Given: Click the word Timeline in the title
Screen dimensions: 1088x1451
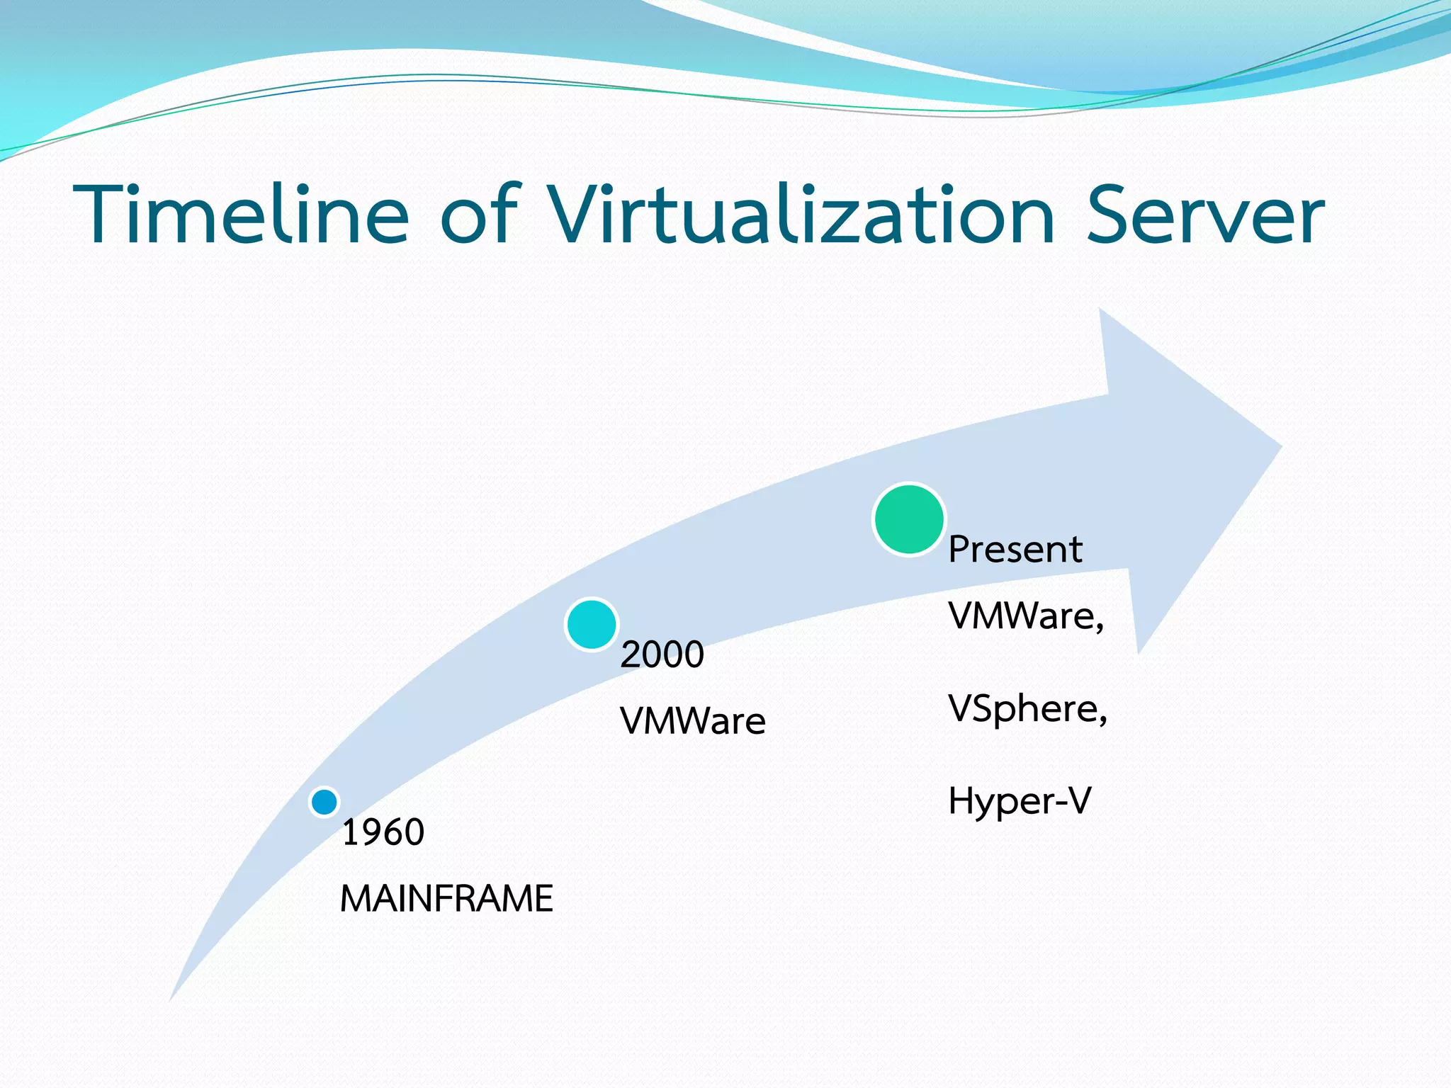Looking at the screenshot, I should (241, 215).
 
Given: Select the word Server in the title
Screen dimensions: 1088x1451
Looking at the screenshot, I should (1204, 215).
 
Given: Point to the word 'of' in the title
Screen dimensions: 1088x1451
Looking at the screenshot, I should (480, 215).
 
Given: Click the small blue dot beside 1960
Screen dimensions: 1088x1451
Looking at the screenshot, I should (324, 802).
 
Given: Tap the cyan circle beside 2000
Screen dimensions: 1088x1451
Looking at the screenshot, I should (592, 624).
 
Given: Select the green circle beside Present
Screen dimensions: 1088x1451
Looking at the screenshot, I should (909, 519).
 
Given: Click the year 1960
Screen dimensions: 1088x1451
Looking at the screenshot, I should (383, 832).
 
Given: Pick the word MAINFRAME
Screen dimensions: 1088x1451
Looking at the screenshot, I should (446, 899).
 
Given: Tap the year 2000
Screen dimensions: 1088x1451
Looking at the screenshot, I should (662, 654).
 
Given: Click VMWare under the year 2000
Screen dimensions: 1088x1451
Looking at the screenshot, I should (692, 721).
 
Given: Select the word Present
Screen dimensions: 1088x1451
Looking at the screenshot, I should (1015, 550).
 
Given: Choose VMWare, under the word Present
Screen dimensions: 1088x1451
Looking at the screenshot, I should (1025, 616).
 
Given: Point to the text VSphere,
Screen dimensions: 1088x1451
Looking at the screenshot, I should (1027, 708).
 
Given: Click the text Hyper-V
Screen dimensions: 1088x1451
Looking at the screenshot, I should (1020, 801).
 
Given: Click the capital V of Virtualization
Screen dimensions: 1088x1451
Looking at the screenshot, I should (574, 215).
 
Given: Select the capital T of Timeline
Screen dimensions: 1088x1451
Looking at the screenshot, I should (106, 215).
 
